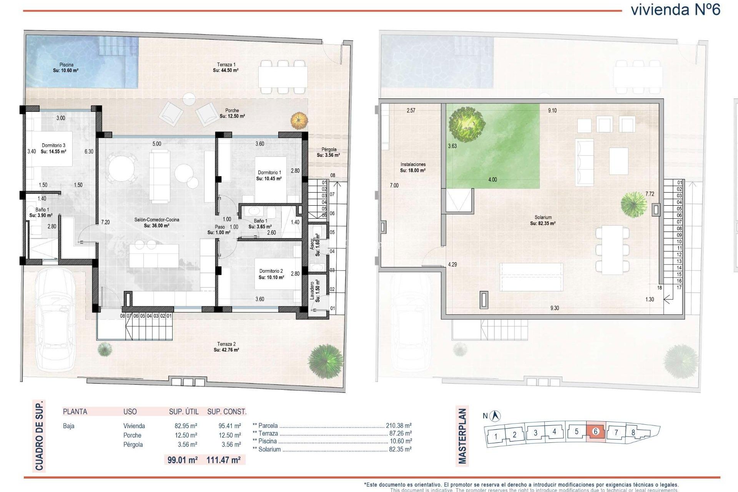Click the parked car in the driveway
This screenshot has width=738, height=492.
[x=55, y=319]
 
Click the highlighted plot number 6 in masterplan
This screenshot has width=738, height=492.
[x=596, y=432]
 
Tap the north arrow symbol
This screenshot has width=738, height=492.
[x=496, y=416]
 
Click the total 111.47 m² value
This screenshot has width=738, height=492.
[x=223, y=460]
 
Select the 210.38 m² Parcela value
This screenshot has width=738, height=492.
[x=399, y=426]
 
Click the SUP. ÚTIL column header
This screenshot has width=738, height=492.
[x=184, y=412]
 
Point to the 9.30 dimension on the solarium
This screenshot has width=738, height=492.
[x=555, y=308]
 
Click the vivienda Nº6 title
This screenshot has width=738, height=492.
[x=675, y=10]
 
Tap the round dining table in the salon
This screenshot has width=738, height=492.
[x=121, y=168]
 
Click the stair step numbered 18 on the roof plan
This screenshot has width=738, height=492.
[x=660, y=288]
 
